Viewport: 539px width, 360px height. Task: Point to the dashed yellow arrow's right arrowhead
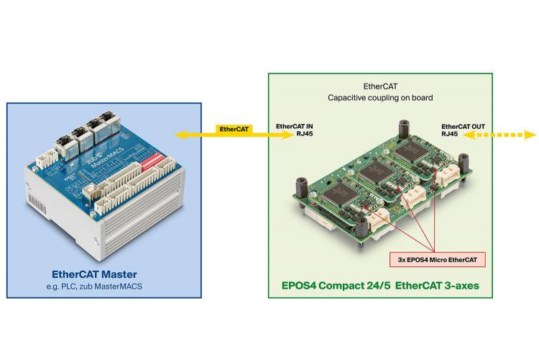531,133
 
